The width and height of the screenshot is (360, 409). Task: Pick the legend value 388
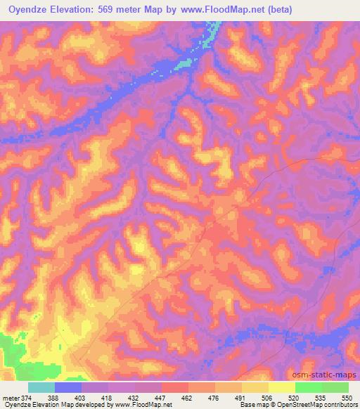click(54, 397)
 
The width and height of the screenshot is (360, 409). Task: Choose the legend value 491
click(240, 397)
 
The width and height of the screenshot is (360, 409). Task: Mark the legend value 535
click(321, 397)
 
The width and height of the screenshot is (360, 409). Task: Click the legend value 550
click(347, 397)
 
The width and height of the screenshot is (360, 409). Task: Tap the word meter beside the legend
click(10, 397)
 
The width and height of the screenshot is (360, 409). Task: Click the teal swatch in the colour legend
click(41, 387)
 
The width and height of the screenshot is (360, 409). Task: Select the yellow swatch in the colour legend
click(281, 387)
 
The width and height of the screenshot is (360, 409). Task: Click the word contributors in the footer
click(339, 405)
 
